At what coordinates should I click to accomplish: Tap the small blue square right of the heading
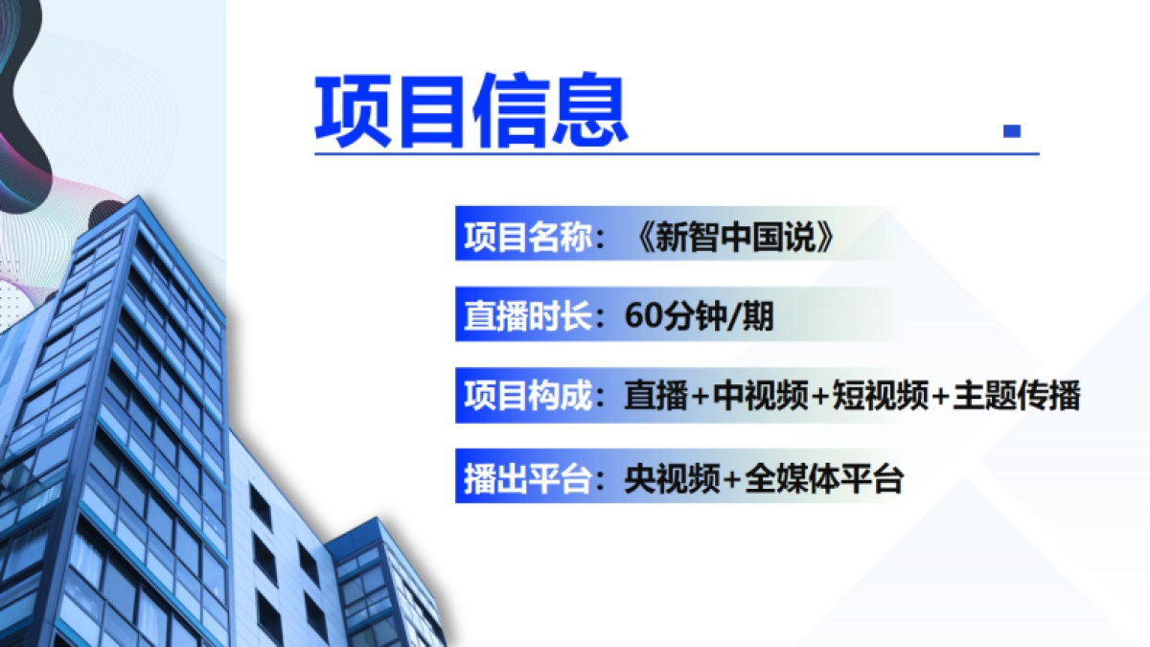point(1011,131)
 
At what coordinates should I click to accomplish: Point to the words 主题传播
point(1017,397)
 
